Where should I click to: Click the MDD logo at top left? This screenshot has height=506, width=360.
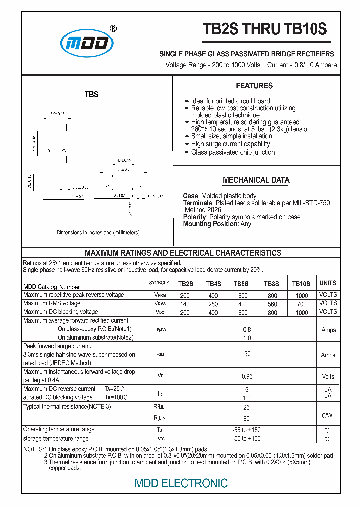coord(87,44)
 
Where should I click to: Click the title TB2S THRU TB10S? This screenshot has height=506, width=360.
coord(265,30)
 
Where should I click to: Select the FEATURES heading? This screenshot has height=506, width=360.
coord(254,86)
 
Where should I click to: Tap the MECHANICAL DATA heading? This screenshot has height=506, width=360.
coord(256,180)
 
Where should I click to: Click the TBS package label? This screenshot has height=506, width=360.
coord(91,95)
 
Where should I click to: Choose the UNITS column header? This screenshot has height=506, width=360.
coord(328,283)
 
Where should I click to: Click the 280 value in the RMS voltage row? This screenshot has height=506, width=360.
coord(213,304)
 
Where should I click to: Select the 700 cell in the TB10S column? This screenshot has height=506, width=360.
coord(301,304)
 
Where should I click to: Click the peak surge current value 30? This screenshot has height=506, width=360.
coord(247,354)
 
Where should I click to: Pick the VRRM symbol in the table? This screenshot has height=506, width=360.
coord(160,295)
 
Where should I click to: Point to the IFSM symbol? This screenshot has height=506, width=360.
coord(160,354)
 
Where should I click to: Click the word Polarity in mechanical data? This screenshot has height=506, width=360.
coord(195,217)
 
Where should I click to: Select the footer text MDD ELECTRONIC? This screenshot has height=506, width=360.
coord(181,483)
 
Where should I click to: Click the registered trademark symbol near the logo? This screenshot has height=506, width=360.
coord(113,29)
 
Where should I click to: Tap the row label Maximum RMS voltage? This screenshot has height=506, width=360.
coord(52,303)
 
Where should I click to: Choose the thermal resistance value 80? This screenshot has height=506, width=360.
coord(246,419)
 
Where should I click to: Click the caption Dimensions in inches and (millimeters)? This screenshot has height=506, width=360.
coord(98,232)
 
